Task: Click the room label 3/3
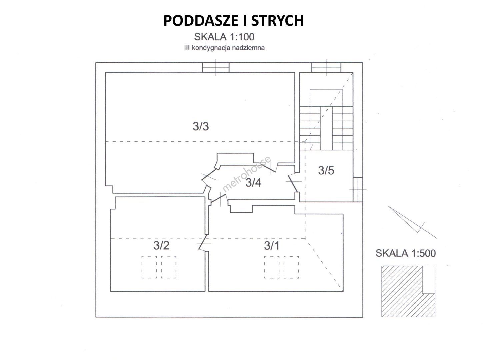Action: pyautogui.click(x=201, y=126)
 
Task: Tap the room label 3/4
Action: pyautogui.click(x=253, y=183)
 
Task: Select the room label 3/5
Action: pyautogui.click(x=326, y=170)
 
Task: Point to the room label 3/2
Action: pyautogui.click(x=161, y=246)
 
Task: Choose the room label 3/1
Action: pyautogui.click(x=271, y=246)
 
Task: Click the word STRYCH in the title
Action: pyautogui.click(x=277, y=21)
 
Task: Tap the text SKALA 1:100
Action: pyautogui.click(x=224, y=37)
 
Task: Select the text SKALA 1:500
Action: pyautogui.click(x=406, y=253)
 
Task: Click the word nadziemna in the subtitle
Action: pyautogui.click(x=249, y=48)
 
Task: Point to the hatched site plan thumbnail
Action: pyautogui.click(x=408, y=291)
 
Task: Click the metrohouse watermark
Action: pyautogui.click(x=246, y=174)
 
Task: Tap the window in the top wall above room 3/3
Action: pyautogui.click(x=216, y=67)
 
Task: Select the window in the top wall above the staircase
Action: pyautogui.click(x=326, y=67)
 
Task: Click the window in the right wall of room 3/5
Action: pyautogui.click(x=358, y=190)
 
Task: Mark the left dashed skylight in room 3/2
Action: pyautogui.click(x=149, y=267)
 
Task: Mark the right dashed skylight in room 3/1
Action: pyautogui.click(x=291, y=267)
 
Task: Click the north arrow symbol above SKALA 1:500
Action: pyautogui.click(x=412, y=222)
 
